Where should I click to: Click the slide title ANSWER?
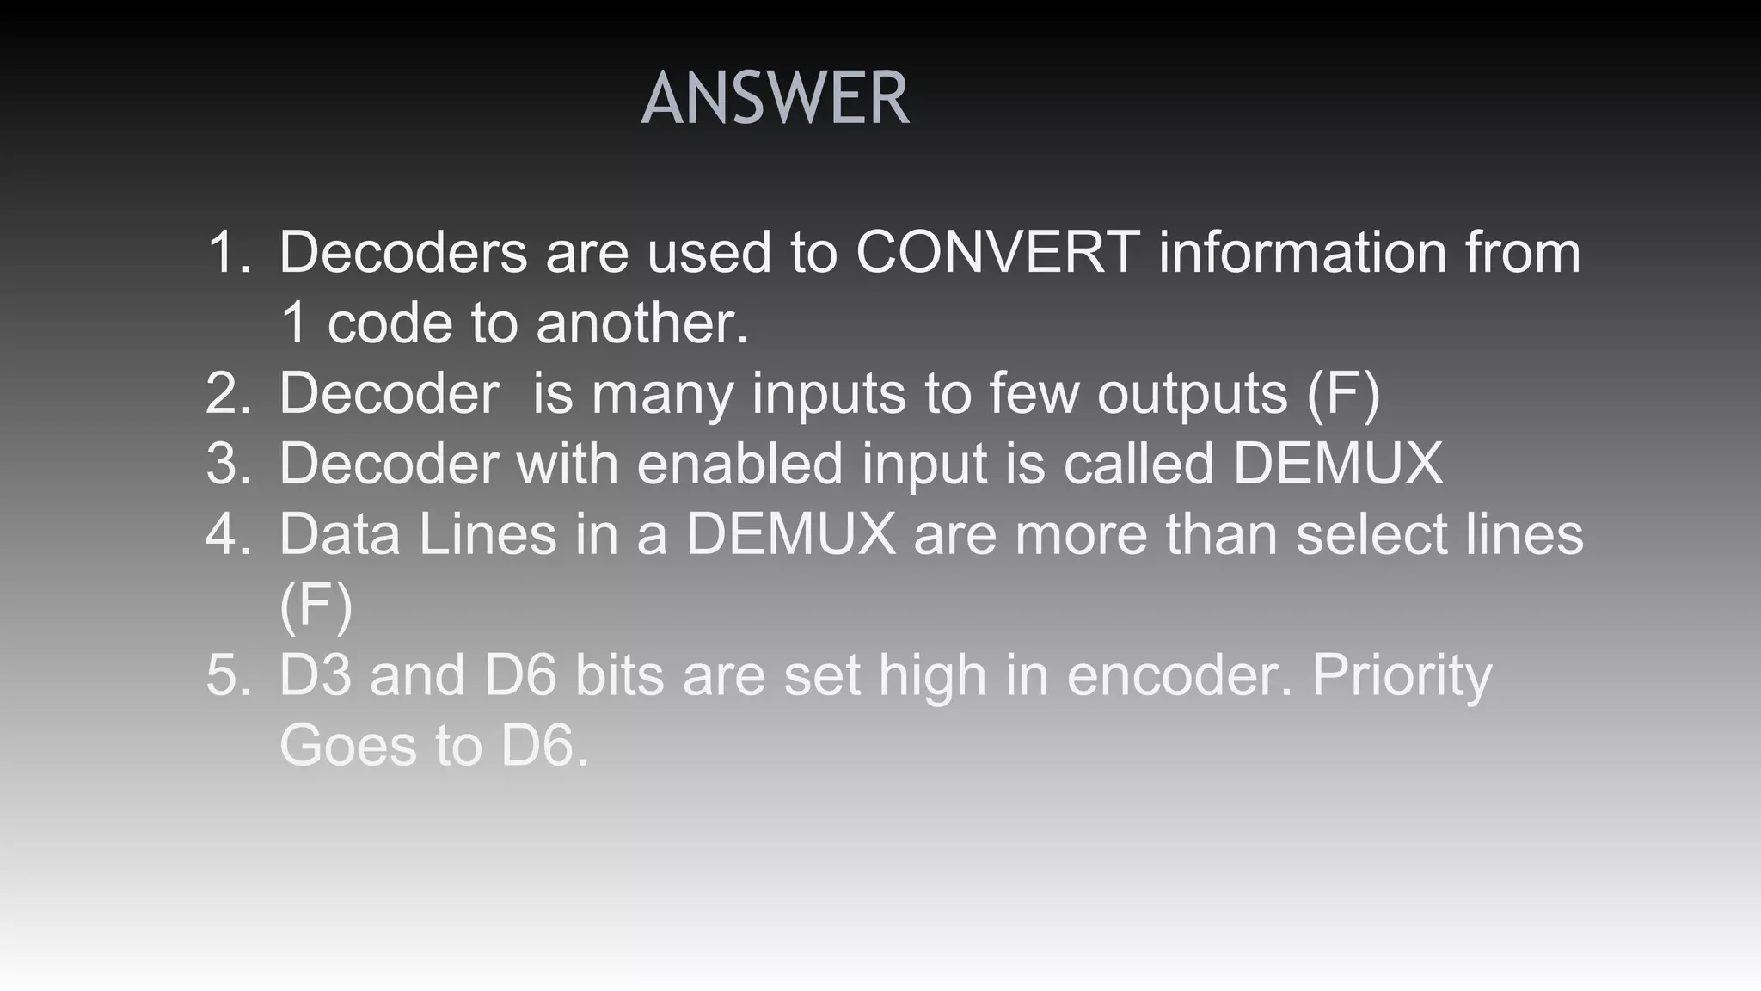(x=775, y=99)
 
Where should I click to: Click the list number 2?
(x=229, y=393)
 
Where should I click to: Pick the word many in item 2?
(x=662, y=393)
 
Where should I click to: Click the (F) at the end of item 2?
(x=1343, y=393)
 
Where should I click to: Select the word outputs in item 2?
(x=1192, y=393)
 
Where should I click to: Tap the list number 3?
(x=229, y=464)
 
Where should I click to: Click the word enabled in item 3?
(x=739, y=464)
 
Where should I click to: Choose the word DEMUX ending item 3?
(x=1338, y=464)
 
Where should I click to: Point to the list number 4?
(x=229, y=534)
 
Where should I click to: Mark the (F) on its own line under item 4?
(x=316, y=605)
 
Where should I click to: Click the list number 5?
(x=229, y=675)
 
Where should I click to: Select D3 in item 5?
(x=315, y=675)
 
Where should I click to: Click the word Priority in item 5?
(x=1402, y=675)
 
